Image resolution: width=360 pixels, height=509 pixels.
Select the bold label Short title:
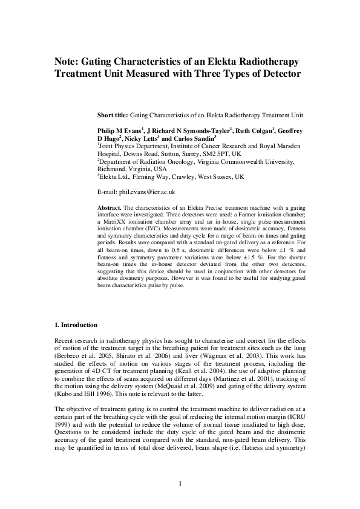pyautogui.click(x=113, y=115)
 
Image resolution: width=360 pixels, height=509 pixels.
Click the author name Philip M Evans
pyautogui.click(x=119, y=131)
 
